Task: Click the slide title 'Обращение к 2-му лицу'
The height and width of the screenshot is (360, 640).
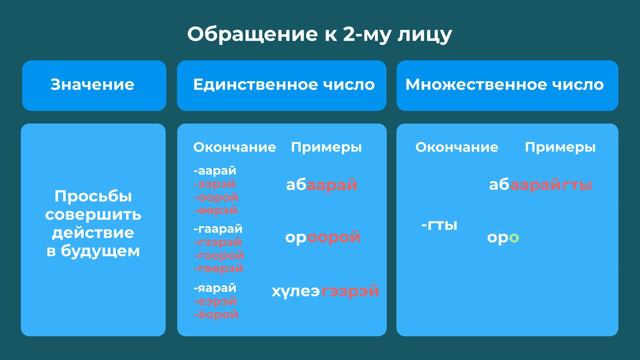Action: tap(320, 34)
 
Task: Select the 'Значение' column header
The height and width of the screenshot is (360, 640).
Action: tap(93, 85)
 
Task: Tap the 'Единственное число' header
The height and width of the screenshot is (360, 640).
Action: tap(283, 85)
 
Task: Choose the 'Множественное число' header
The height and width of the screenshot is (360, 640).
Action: tap(505, 85)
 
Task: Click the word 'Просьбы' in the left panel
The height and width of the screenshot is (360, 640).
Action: tap(93, 196)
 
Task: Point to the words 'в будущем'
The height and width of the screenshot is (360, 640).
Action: tap(93, 251)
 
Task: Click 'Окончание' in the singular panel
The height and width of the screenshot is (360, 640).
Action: tap(234, 148)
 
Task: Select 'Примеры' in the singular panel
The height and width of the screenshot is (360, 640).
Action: tap(326, 148)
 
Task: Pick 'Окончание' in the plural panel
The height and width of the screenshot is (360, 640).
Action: tap(456, 148)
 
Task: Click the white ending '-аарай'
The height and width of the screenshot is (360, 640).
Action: tap(215, 171)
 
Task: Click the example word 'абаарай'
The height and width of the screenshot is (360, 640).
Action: tap(321, 185)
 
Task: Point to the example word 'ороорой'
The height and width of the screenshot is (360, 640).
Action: tap(322, 238)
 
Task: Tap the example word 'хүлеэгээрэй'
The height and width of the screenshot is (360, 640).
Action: tap(325, 291)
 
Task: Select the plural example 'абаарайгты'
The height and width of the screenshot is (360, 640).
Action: tap(541, 185)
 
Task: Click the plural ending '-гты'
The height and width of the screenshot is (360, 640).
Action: tap(439, 226)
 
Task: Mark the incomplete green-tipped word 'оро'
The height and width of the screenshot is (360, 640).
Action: tap(502, 238)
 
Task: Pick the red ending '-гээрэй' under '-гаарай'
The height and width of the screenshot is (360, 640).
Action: tap(218, 243)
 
